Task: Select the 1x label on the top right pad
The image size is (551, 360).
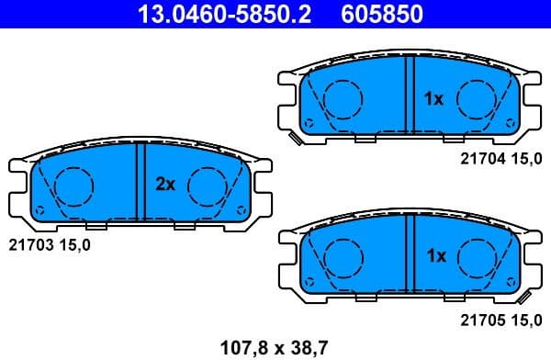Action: point(433,97)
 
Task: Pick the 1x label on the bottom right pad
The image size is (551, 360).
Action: point(434,256)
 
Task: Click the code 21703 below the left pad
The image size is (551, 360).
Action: point(28,244)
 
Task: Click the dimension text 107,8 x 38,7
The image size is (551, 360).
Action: point(275,346)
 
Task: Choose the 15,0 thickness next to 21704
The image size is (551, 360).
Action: point(527,159)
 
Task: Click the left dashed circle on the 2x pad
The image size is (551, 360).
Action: point(73,186)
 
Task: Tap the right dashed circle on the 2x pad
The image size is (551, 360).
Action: point(208,186)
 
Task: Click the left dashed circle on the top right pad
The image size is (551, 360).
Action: point(342,98)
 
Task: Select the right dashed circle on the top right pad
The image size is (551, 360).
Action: point(477,98)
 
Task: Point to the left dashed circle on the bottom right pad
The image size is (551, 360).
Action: point(342,257)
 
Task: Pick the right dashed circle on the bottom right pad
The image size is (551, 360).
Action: point(477,257)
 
